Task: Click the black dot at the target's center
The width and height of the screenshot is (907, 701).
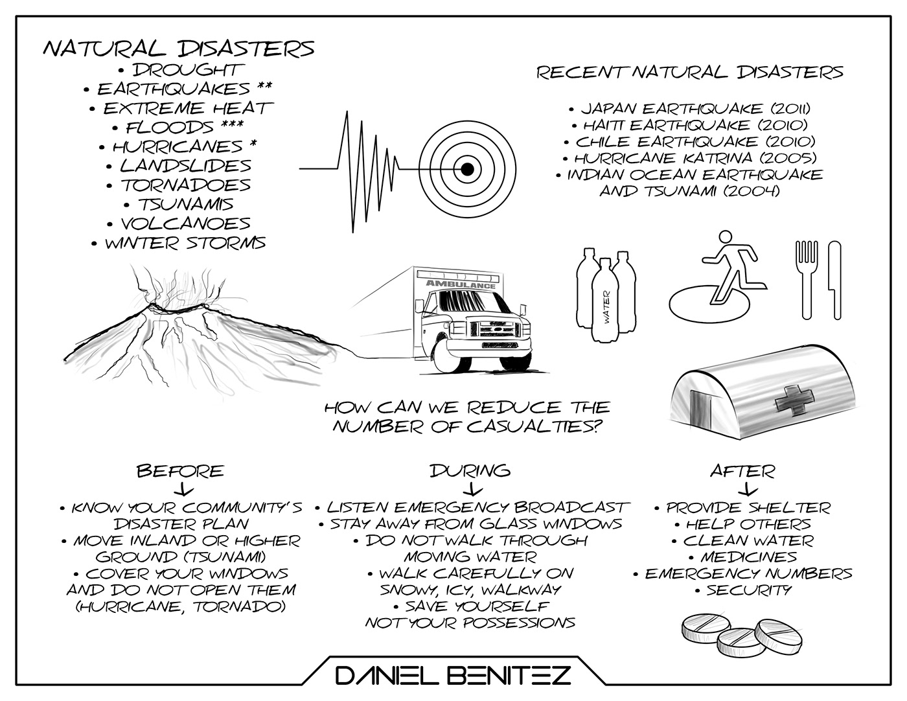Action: tap(466, 170)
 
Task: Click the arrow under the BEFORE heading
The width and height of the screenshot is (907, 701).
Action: tap(179, 489)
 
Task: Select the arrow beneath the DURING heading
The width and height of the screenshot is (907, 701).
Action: tap(471, 488)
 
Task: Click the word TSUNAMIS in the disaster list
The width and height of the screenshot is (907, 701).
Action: tap(186, 205)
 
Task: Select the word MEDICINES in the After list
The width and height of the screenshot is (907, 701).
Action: tap(748, 557)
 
